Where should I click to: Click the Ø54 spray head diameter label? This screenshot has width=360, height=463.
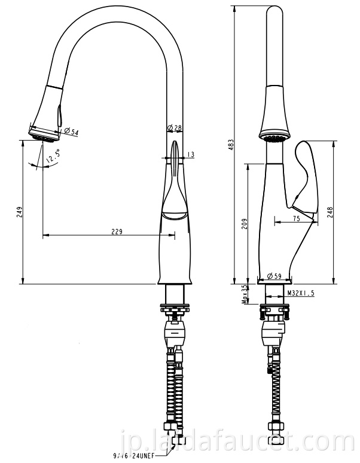pyautogui.click(x=71, y=132)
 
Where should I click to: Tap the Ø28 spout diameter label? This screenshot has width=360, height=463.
pyautogui.click(x=174, y=127)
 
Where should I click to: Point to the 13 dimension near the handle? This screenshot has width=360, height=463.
pyautogui.click(x=190, y=155)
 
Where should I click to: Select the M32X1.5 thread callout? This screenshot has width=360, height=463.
pyautogui.click(x=300, y=293)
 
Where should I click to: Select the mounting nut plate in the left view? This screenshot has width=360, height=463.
pyautogui.click(x=175, y=308)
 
